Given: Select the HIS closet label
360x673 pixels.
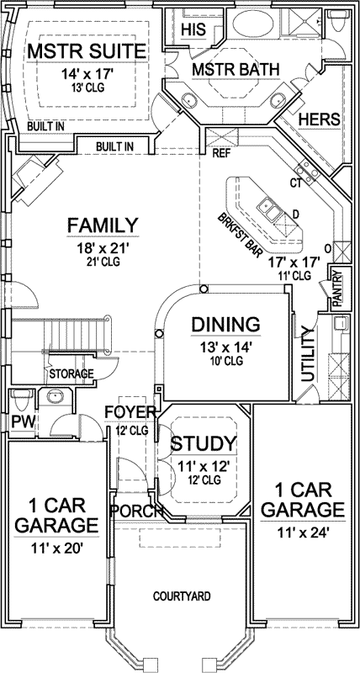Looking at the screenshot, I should click(x=194, y=29).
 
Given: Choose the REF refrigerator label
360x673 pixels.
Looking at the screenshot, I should click(x=221, y=155).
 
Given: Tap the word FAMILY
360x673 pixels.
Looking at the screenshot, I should click(x=103, y=225).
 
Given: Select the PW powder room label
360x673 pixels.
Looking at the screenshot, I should click(x=20, y=421).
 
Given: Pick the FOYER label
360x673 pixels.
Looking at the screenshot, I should click(x=130, y=411).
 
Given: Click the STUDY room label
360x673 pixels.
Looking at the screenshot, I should click(x=204, y=443).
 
